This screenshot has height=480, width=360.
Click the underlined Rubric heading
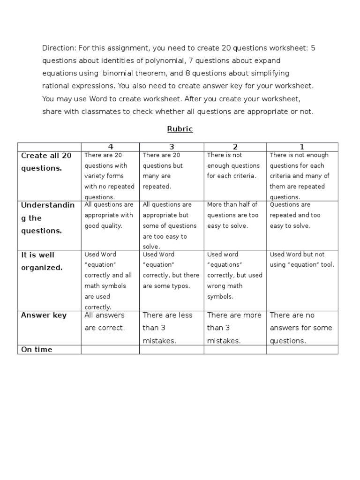pyautogui.click(x=180, y=129)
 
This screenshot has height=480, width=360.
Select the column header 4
pyautogui.click(x=111, y=147)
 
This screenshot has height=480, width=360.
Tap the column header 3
pyautogui.click(x=172, y=147)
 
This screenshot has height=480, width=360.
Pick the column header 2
pyautogui.click(x=235, y=147)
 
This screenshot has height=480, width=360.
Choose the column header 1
pyautogui.click(x=302, y=147)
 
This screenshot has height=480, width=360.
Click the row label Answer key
pyautogui.click(x=44, y=315)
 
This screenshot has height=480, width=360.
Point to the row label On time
pyautogui.click(x=37, y=350)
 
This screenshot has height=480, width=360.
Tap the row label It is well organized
pyautogui.click(x=41, y=261)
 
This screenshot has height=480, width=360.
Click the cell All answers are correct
pyautogui.click(x=105, y=322)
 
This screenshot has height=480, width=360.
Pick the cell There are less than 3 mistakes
pyautogui.click(x=167, y=328)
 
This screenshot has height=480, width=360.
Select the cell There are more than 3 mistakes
pyautogui.click(x=234, y=328)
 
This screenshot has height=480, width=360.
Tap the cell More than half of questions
pyautogui.click(x=233, y=215)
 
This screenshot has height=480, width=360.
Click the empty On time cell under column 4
pyautogui.click(x=110, y=350)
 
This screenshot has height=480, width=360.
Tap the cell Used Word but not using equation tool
pyautogui.click(x=302, y=259)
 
